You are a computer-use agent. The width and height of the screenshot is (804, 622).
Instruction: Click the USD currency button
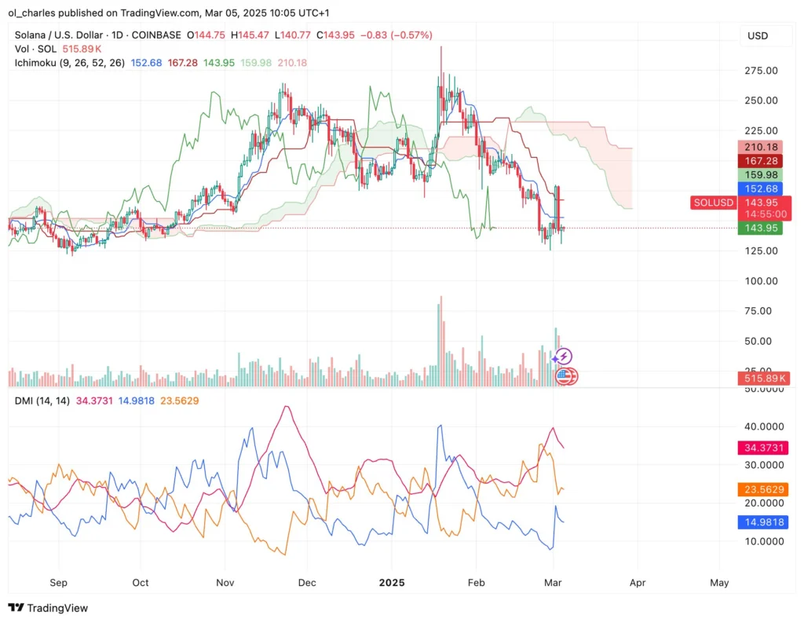tap(758, 35)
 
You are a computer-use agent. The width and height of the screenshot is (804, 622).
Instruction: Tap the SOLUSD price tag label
tap(713, 203)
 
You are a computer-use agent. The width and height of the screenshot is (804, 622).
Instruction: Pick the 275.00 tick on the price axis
tap(761, 71)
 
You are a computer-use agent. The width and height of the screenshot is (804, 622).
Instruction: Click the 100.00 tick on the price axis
tap(761, 281)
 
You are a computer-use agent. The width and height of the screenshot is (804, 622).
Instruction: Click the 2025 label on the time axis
tap(391, 583)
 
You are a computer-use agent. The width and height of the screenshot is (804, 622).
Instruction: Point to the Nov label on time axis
tap(225, 583)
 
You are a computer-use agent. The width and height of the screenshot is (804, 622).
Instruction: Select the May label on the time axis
tap(719, 583)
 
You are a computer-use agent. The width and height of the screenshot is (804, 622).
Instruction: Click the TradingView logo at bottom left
tap(48, 608)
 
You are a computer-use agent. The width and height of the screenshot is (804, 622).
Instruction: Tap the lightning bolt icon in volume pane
tap(564, 357)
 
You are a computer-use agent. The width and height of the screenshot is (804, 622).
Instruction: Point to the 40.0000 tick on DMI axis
tap(761, 426)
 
